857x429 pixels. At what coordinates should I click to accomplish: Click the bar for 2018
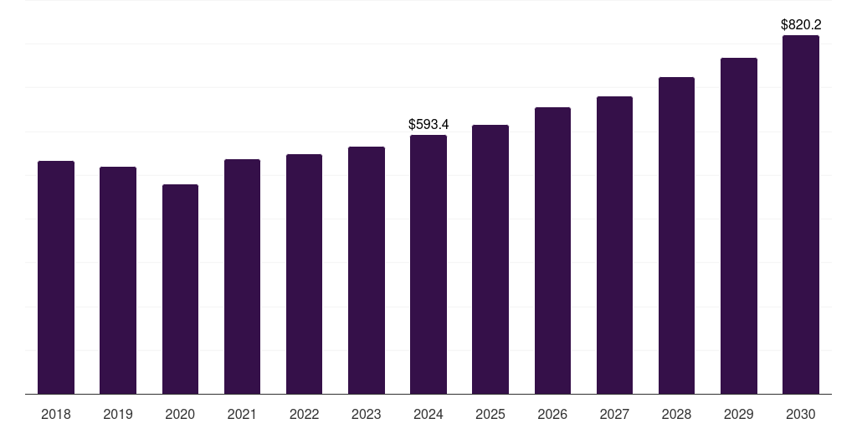(56, 277)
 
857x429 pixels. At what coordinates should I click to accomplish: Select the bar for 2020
(180, 288)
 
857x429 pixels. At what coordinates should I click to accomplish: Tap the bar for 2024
(428, 264)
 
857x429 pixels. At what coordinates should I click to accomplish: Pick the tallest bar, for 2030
(801, 214)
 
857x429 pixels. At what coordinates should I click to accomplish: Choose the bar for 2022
(304, 273)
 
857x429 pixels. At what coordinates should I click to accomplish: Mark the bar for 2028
(676, 235)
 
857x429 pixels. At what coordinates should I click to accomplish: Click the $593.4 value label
(428, 124)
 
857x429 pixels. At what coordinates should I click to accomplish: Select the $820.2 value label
(801, 25)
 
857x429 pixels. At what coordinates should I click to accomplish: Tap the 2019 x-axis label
(118, 414)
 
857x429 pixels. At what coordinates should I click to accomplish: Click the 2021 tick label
(242, 414)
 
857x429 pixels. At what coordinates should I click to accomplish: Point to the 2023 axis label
(367, 414)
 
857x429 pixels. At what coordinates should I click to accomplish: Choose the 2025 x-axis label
(490, 414)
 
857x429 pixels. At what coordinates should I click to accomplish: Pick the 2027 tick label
(614, 414)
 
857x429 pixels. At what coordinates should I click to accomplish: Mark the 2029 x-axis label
(738, 414)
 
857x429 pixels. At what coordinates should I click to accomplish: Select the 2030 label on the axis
(801, 414)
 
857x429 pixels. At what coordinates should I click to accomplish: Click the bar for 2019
(118, 280)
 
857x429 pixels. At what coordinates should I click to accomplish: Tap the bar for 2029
(738, 225)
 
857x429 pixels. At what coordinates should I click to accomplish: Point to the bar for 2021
(242, 276)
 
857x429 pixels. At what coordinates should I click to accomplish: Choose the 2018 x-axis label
(56, 414)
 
